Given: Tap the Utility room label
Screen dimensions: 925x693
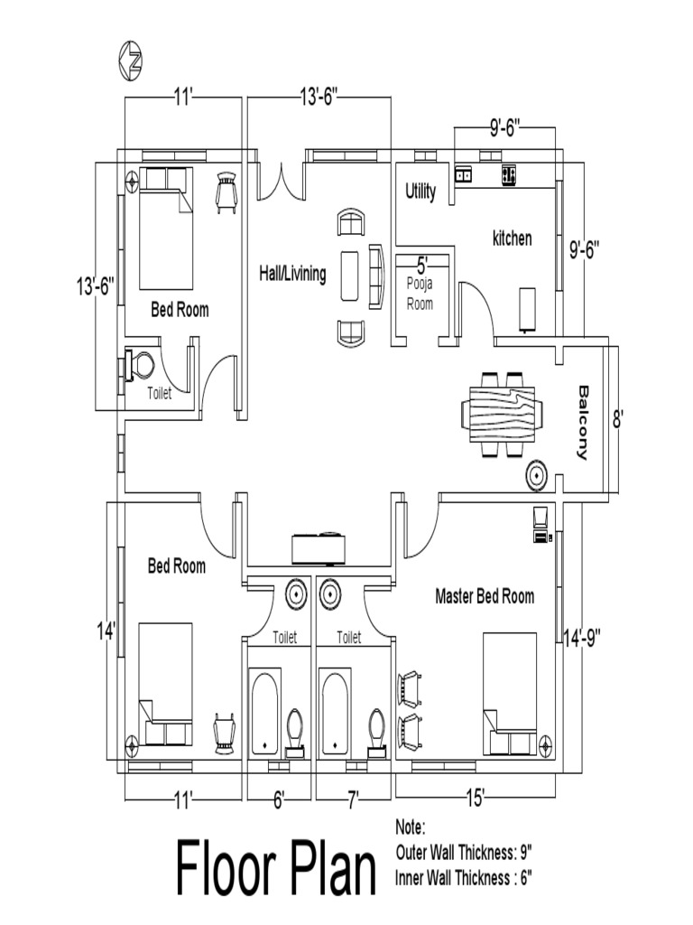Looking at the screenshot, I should (x=420, y=192).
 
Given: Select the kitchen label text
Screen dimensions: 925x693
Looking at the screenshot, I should (x=512, y=238).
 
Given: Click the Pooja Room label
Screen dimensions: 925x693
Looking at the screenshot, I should (x=420, y=294).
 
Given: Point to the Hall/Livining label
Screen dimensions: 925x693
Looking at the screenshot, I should (x=292, y=274).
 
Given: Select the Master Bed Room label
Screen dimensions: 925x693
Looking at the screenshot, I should (x=485, y=596).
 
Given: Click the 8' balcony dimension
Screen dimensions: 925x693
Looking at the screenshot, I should (x=618, y=419).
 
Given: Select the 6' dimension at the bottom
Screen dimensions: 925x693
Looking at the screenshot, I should (x=279, y=798).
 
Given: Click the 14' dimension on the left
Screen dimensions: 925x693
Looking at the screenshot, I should (x=106, y=630).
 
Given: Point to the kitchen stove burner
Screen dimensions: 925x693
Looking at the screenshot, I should (x=509, y=174).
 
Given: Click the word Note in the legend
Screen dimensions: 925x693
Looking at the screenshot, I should (x=411, y=827).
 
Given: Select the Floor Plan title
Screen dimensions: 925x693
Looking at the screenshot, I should (x=276, y=869).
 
